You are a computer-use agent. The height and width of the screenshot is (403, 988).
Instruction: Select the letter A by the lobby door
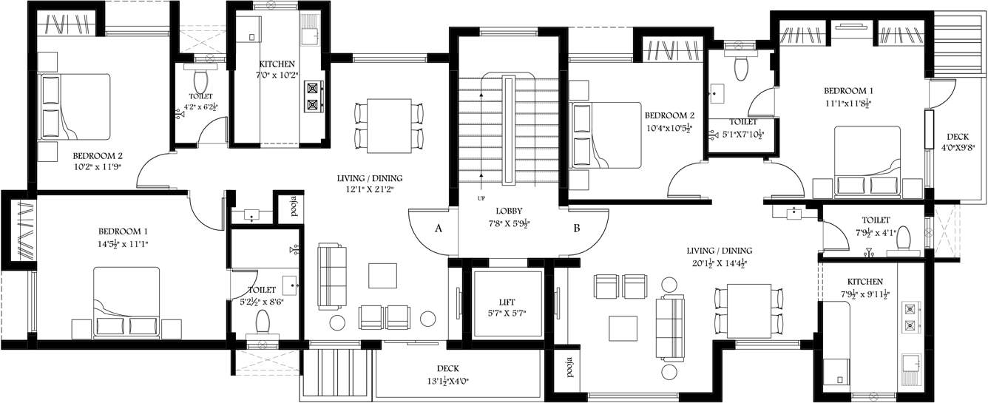[439, 228]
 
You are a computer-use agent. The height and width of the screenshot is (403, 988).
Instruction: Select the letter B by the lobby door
[576, 228]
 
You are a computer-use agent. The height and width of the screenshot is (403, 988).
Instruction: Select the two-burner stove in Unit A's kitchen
[314, 95]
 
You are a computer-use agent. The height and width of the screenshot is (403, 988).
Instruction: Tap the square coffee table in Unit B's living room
[622, 327]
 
